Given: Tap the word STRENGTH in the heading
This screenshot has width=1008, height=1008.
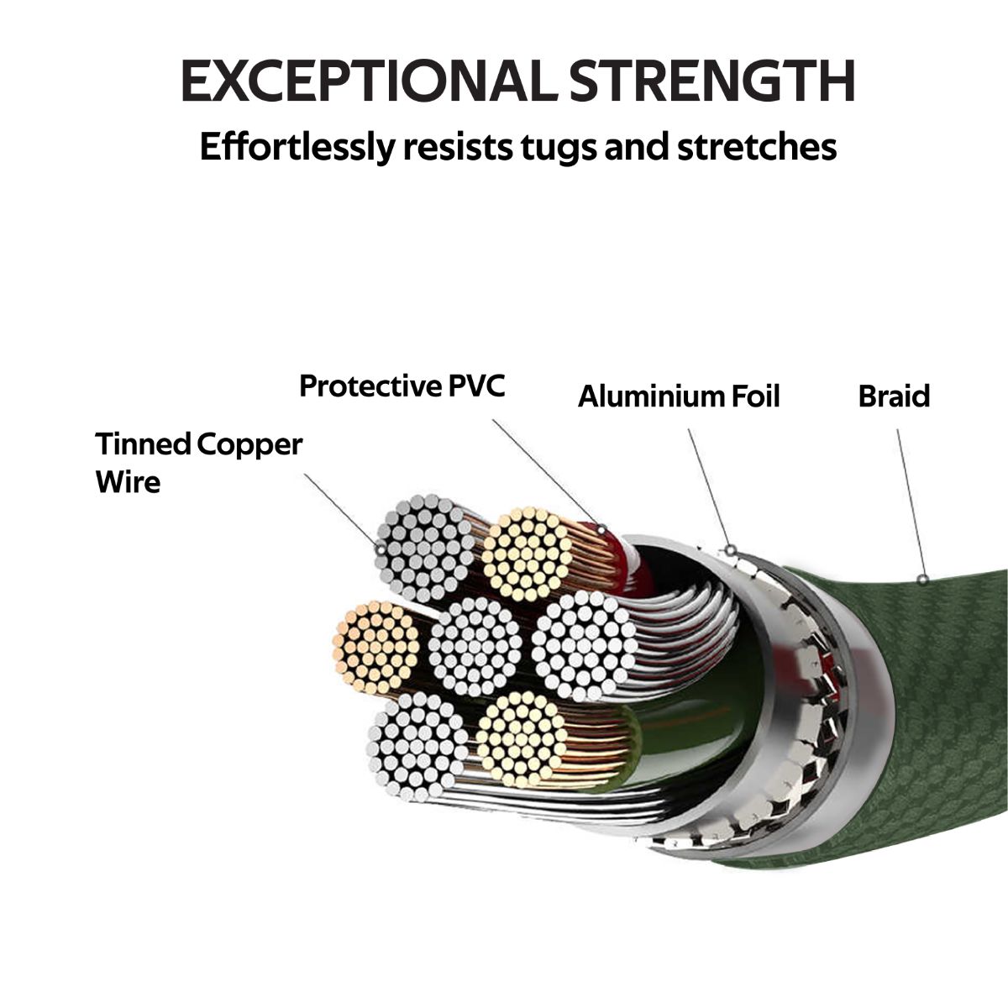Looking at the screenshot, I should (711, 81).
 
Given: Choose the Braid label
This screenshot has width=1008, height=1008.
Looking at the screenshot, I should (894, 396).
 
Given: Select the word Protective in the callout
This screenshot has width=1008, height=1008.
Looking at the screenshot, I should (370, 386).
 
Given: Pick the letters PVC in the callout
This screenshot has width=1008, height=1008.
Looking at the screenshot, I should (476, 386).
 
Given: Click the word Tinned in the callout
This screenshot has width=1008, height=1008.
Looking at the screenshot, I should (142, 444).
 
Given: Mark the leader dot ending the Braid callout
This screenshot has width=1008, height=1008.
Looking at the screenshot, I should (922, 579).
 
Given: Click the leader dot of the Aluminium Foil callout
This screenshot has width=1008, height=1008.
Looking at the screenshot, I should (731, 550).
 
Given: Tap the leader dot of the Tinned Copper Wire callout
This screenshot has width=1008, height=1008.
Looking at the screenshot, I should (381, 549).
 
